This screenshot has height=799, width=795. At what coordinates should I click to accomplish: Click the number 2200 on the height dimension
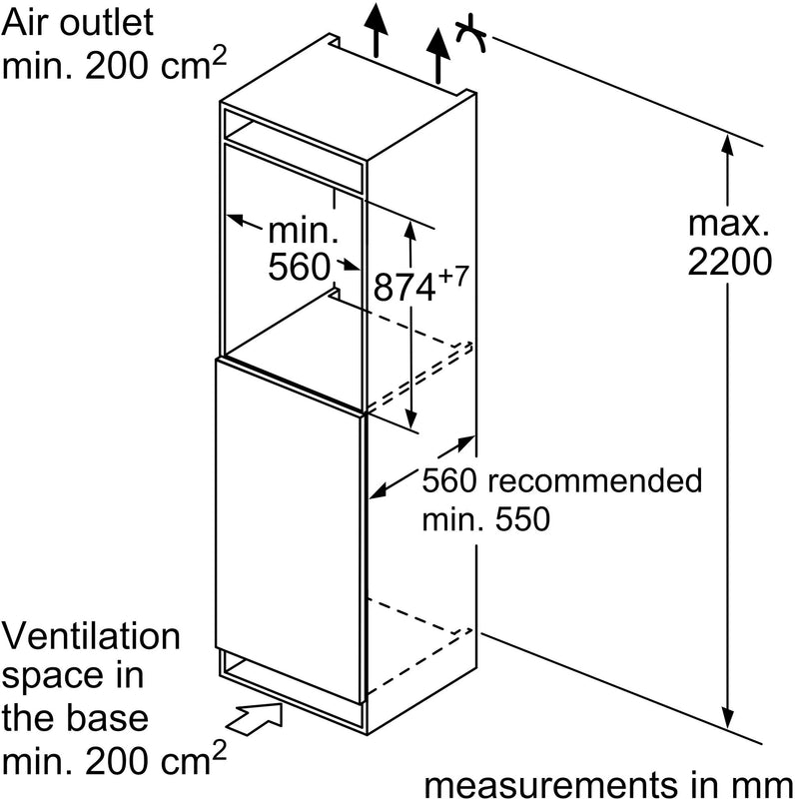(730, 262)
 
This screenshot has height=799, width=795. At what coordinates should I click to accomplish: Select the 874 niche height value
(404, 289)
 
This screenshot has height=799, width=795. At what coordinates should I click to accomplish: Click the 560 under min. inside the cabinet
(300, 267)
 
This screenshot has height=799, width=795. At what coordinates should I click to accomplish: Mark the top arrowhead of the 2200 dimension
(728, 144)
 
